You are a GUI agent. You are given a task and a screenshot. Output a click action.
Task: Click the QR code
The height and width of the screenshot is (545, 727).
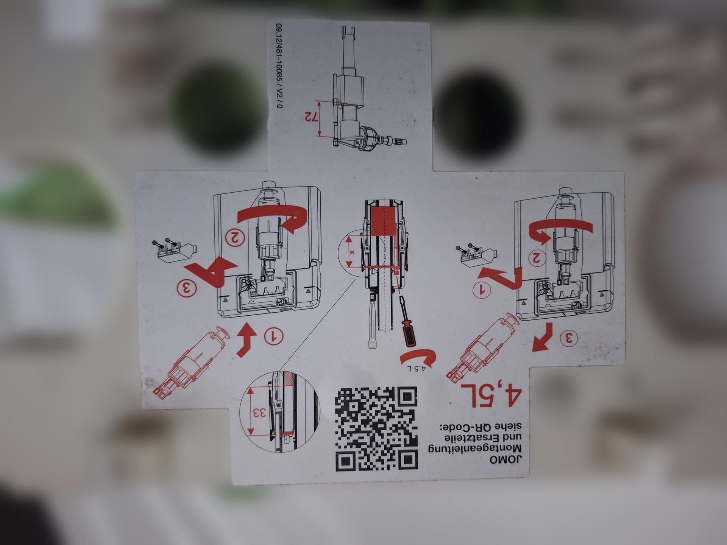click(x=376, y=428)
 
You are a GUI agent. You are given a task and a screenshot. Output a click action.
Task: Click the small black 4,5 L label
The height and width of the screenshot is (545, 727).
click(x=417, y=368)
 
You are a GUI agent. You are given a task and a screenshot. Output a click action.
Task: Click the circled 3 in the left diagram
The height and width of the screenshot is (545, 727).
click(x=187, y=288)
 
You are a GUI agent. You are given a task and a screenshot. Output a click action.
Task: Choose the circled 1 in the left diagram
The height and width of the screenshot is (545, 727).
click(x=274, y=336)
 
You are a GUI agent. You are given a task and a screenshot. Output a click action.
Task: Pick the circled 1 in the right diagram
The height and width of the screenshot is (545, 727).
click(x=482, y=290)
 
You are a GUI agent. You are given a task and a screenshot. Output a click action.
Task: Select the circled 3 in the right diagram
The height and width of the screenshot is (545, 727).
click(x=569, y=338)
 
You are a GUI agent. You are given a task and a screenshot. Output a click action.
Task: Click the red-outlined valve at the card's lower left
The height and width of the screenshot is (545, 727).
click(x=191, y=363)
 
